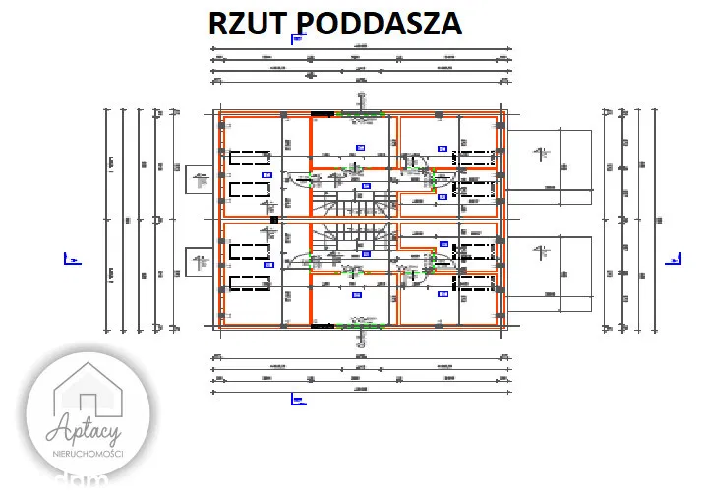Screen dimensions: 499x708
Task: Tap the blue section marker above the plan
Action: point(297,38)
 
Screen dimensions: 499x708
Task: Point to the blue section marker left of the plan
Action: point(70,259)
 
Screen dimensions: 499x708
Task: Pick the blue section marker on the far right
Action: point(675,259)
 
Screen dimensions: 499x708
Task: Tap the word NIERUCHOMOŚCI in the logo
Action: point(88,451)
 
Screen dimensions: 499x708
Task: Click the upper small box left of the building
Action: point(199,180)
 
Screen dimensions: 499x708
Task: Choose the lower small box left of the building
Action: point(199,262)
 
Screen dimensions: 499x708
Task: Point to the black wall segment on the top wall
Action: point(323,115)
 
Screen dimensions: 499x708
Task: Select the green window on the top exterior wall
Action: point(361,115)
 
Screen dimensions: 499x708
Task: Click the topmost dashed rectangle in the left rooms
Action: point(249,156)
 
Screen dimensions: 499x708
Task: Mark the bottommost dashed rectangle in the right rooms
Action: point(475,284)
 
